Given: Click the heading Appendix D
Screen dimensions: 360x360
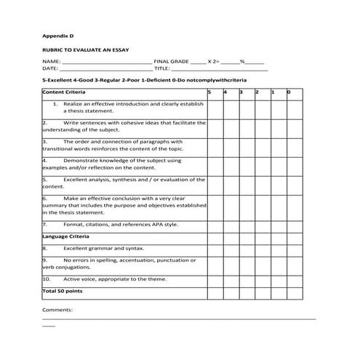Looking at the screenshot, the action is [x=58, y=35].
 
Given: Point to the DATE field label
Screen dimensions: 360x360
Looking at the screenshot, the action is [x=51, y=68].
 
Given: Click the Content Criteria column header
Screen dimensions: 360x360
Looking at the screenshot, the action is [x=64, y=93].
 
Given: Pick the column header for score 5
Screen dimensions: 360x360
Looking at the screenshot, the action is [x=209, y=93].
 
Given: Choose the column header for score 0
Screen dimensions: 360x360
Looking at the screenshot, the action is [x=289, y=93].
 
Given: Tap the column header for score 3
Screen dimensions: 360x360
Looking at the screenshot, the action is [x=241, y=93].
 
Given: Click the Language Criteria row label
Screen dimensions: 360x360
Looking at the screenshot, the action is [x=66, y=237].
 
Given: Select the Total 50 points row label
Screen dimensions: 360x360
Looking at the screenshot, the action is [x=63, y=291].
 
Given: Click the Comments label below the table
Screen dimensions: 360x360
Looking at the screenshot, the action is [x=57, y=310].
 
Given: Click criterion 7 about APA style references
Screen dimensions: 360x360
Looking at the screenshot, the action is [x=120, y=225].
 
